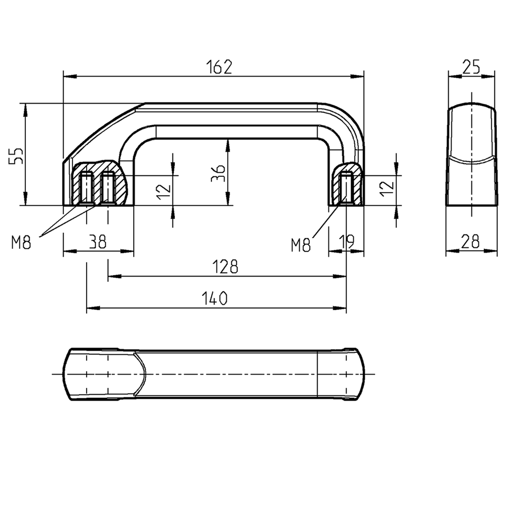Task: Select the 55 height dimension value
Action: tap(17, 156)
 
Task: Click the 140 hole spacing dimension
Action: tap(216, 299)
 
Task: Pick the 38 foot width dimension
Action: tap(97, 242)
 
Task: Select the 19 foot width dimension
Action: tap(347, 242)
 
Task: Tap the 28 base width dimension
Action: tap(471, 242)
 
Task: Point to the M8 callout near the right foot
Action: tap(301, 246)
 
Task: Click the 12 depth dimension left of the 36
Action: tap(163, 191)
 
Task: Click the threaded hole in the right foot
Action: tap(347, 188)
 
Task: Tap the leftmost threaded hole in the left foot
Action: tap(87, 188)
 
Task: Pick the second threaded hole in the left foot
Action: tap(108, 188)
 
